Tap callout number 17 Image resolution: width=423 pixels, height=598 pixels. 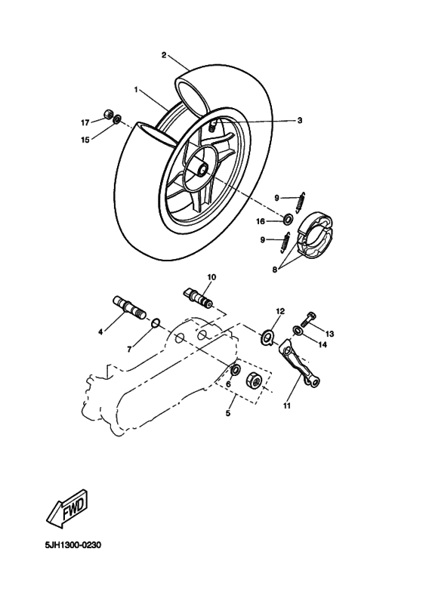85,122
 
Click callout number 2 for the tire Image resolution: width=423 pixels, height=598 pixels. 164,54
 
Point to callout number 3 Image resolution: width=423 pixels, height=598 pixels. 299,120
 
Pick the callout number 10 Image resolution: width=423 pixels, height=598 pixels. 211,277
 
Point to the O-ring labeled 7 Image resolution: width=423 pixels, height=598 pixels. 156,324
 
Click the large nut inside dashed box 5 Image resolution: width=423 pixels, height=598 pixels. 255,381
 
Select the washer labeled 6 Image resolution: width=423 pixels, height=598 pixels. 236,370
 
